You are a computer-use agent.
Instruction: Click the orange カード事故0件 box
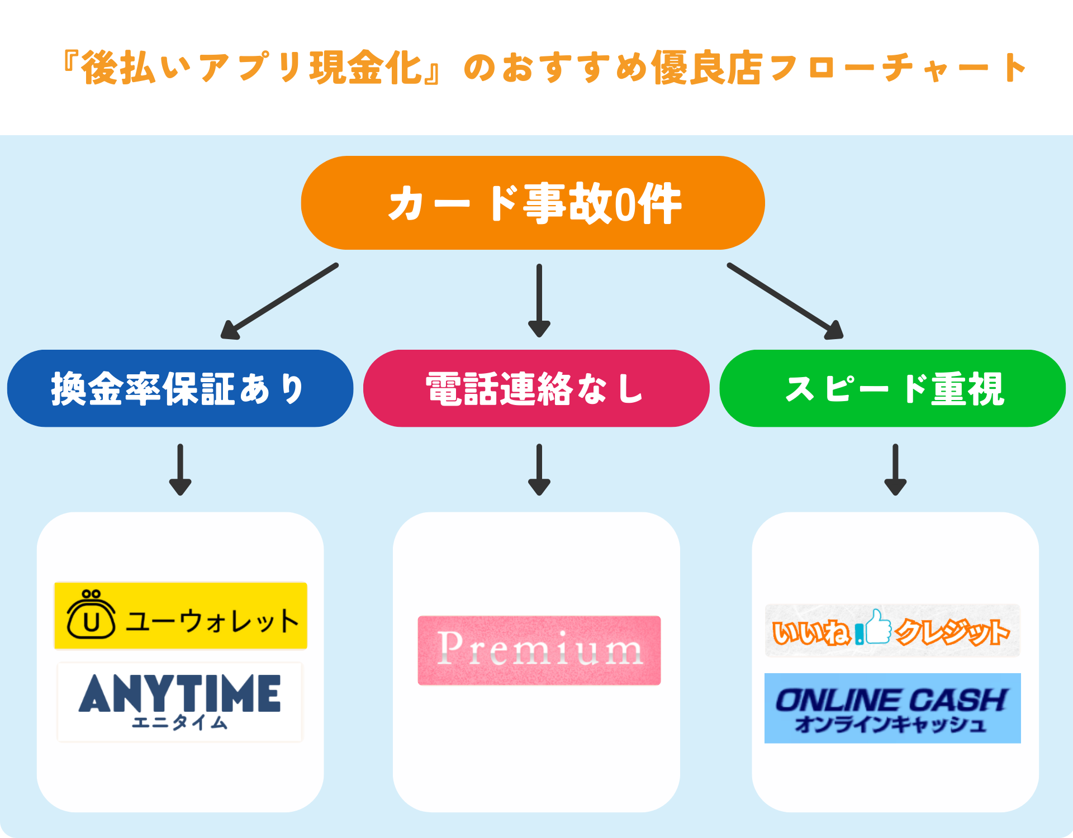pos(533,203)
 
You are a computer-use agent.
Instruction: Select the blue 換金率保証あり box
pos(180,388)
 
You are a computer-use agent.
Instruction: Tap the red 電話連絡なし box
pos(536,388)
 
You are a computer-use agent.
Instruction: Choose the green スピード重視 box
pos(892,388)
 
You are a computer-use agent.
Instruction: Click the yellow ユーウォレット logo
pos(181,616)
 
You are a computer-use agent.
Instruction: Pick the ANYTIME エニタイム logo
pos(179,702)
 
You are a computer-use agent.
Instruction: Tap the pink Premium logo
pos(539,650)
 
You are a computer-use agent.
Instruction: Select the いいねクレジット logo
pos(892,630)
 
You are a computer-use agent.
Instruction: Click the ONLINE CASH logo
pos(892,708)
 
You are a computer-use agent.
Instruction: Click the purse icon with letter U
pos(91,615)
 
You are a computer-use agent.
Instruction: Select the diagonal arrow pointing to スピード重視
pos(786,302)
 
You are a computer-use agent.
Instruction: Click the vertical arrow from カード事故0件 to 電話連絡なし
pos(539,301)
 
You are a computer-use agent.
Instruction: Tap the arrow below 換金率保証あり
pos(180,469)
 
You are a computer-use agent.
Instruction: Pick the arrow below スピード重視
pos(895,469)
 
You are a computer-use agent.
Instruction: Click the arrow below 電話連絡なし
pos(539,469)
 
